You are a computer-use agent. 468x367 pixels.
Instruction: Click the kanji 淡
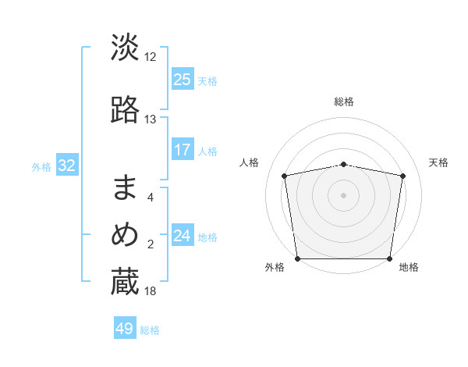(125, 47)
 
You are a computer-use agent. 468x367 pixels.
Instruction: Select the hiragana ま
(125, 188)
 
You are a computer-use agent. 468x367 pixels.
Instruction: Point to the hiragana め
(125, 235)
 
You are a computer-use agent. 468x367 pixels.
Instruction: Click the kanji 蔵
(125, 283)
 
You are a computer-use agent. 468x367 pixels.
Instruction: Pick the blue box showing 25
(182, 79)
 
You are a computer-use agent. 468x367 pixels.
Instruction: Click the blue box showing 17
(182, 150)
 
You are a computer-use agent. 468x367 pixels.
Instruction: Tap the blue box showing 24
(182, 236)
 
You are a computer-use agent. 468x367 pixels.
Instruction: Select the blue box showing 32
(66, 165)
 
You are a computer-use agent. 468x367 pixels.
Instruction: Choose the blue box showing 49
(125, 329)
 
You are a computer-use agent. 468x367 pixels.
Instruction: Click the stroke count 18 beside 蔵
(151, 291)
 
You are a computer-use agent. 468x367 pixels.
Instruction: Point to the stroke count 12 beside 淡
(151, 57)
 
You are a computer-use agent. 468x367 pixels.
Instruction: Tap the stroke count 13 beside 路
(151, 119)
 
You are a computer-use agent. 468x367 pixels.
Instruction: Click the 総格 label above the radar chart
(344, 102)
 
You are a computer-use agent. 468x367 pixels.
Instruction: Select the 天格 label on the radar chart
(439, 162)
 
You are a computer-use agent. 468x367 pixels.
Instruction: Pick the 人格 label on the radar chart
(250, 162)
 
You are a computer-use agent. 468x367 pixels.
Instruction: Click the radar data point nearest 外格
(297, 258)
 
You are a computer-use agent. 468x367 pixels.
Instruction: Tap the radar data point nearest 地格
(390, 258)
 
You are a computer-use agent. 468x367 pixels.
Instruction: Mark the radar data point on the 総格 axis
(344, 164)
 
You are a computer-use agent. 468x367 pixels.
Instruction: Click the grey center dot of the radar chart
(344, 194)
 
